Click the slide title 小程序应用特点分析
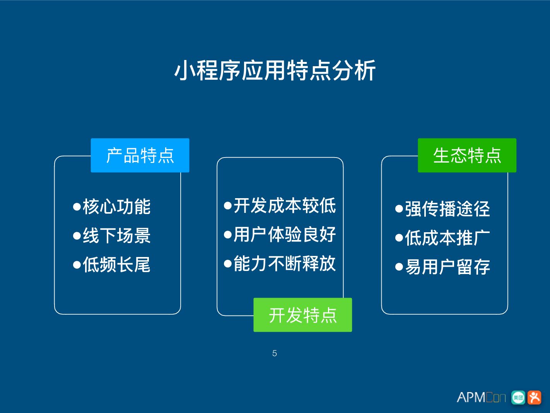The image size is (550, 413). point(275,70)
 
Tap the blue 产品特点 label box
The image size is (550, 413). point(140,155)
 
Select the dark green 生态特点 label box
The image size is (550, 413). point(467,155)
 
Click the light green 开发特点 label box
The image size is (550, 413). point(302,315)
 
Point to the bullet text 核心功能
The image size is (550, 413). point(116,206)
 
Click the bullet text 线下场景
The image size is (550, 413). point(116,235)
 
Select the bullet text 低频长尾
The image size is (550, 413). point(116,265)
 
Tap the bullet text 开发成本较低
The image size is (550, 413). point(285,205)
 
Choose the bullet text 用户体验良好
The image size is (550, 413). point(285,234)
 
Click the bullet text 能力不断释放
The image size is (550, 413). point(285,264)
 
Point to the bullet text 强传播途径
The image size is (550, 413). point(448,209)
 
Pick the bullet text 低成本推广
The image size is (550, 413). point(448,238)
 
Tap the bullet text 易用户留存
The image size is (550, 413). point(448,267)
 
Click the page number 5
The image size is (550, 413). point(275,353)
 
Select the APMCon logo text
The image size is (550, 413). point(481,398)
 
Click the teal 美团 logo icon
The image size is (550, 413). point(518,398)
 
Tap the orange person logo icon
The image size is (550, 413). point(535,398)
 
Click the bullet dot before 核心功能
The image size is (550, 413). point(77,207)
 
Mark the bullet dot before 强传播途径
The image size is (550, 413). point(399,209)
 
